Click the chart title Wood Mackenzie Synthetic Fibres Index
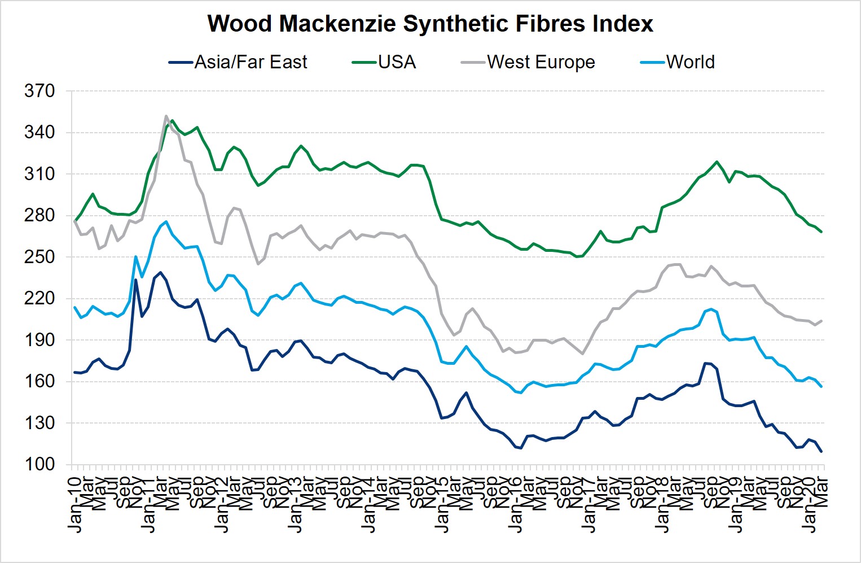pos(430,24)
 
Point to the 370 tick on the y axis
pos(39,91)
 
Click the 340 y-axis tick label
pos(39,133)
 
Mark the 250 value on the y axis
pos(39,257)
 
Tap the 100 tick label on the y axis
pos(39,465)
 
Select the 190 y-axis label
pos(39,340)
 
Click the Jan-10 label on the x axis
pos(74,504)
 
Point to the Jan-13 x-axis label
pos(295,504)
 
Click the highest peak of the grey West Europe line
pos(166,116)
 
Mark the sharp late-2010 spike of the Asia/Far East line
pos(135,280)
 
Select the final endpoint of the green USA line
pos(822,232)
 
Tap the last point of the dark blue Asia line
pos(822,451)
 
